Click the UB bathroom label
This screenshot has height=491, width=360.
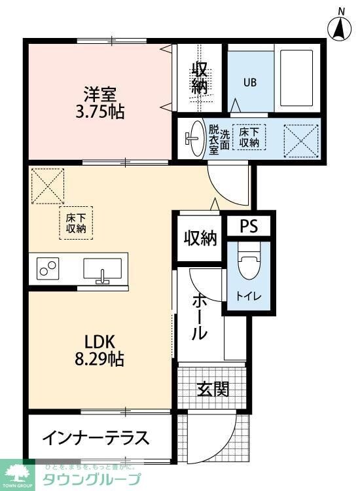tap(250, 82)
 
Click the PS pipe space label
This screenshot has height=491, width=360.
tap(249, 226)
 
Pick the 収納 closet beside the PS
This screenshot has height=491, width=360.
tap(199, 239)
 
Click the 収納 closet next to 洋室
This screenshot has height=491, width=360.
tap(200, 77)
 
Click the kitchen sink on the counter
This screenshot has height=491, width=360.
tap(102, 270)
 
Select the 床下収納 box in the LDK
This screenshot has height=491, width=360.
tap(76, 223)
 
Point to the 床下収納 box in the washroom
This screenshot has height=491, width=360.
tap(249, 137)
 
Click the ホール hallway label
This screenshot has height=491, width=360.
tap(200, 317)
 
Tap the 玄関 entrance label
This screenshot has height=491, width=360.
tap(213, 390)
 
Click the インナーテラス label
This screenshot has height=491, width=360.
tap(96, 437)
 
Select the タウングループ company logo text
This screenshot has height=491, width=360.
tap(91, 479)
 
